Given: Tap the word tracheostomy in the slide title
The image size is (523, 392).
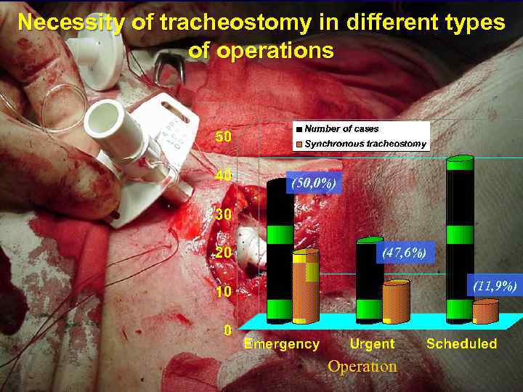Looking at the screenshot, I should (234, 23).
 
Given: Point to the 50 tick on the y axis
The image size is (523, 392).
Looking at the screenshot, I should (222, 136).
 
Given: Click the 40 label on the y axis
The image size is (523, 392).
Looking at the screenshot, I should (222, 176).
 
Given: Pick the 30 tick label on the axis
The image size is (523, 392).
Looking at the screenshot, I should (222, 215).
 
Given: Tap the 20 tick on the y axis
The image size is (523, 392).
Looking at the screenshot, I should (222, 253).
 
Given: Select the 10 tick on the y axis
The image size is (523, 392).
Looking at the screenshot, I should (222, 292).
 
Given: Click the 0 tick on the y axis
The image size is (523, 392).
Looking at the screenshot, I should (227, 330).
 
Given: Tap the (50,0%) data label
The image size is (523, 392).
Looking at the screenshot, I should (312, 184).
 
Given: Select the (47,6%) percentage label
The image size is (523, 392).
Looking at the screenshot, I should (404, 253).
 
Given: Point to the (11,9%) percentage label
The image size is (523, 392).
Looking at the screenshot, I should (494, 287).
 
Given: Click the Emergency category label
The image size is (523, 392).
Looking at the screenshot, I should (281, 344).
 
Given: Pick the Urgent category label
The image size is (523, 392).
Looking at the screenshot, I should (372, 344).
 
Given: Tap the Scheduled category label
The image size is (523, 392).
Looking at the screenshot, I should (461, 344).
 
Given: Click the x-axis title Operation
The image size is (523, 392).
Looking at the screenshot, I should (362, 367).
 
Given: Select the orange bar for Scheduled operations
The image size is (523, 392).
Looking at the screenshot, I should (485, 312).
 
